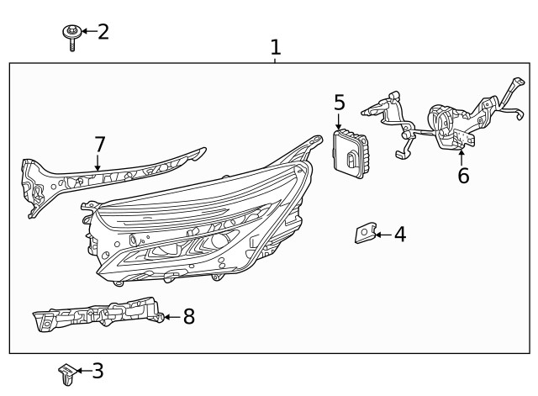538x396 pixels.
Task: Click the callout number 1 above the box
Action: click(x=276, y=47)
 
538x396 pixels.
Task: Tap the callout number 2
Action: click(x=103, y=33)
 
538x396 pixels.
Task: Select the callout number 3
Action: click(x=98, y=370)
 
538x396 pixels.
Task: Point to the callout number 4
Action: click(x=400, y=235)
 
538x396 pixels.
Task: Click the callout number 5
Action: click(x=339, y=103)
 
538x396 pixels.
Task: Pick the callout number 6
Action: click(x=462, y=176)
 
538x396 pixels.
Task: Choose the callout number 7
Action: click(x=99, y=144)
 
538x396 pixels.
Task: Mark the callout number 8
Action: click(x=188, y=316)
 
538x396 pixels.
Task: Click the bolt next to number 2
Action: click(x=71, y=36)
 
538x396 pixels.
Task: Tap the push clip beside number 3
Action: click(x=66, y=372)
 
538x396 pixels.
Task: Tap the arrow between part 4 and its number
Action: click(x=383, y=235)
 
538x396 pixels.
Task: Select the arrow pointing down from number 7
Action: click(x=99, y=162)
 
